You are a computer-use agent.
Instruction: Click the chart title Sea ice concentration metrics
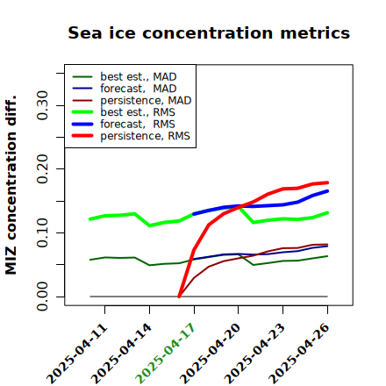point(209,32)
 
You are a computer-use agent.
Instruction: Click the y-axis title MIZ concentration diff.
point(11,185)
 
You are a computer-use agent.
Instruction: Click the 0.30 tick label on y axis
point(42,105)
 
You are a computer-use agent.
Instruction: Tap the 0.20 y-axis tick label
point(42,169)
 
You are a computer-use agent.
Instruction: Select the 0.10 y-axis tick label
point(42,232)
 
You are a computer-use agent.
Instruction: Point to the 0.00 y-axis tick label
point(42,297)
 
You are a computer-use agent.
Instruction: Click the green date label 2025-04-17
point(165,354)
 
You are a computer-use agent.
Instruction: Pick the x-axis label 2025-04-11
point(76,354)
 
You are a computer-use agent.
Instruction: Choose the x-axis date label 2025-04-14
point(121,354)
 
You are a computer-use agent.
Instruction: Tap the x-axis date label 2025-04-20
point(210,354)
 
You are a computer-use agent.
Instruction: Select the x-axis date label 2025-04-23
point(254,354)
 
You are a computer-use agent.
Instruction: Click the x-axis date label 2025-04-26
point(299,354)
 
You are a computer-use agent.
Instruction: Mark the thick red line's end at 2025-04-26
point(327,182)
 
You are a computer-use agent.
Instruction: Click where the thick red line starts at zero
point(179,297)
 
